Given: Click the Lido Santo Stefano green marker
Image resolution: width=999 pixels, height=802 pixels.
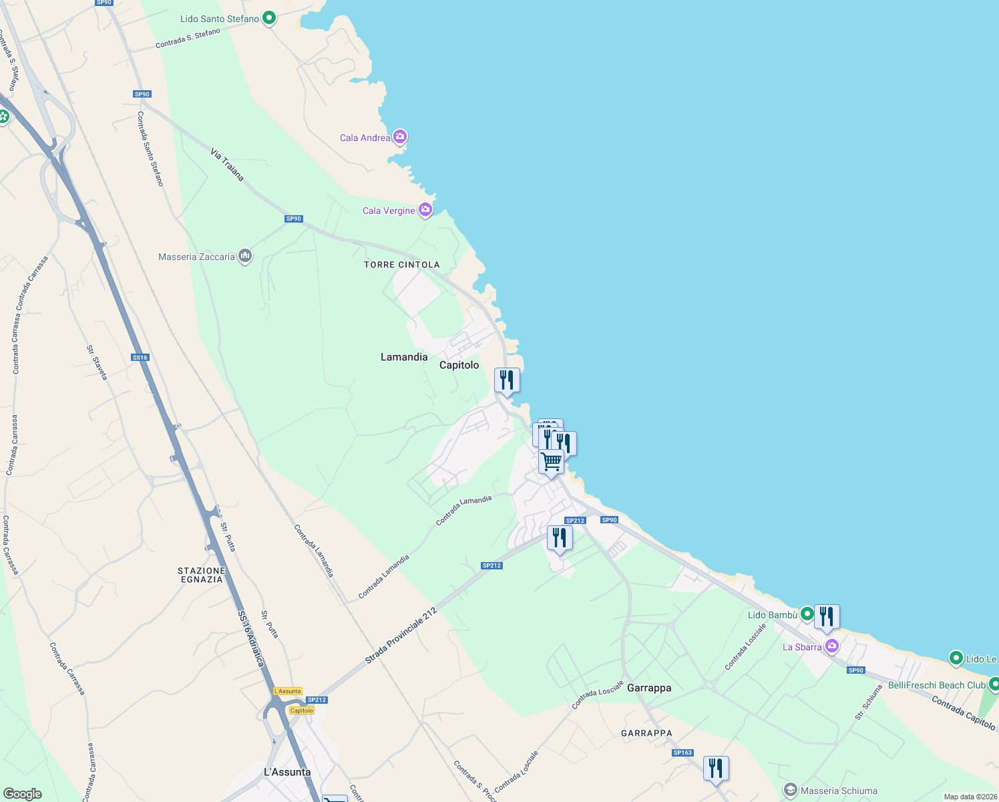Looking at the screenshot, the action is click(x=269, y=18).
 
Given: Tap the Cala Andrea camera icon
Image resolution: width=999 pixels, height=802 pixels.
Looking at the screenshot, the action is click(x=400, y=137).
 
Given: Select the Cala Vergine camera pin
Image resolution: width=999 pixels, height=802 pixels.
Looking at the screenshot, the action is click(x=425, y=210).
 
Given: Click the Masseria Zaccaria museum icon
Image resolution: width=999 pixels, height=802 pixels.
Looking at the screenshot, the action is click(x=245, y=256).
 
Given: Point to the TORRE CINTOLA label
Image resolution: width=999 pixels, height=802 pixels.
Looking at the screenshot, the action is click(x=401, y=265).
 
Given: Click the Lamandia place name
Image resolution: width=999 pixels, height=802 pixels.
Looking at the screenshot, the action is click(x=404, y=357).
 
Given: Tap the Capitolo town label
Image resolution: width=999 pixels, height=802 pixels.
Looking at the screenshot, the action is click(x=459, y=365).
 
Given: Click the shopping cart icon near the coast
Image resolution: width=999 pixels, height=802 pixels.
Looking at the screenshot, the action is click(x=551, y=461).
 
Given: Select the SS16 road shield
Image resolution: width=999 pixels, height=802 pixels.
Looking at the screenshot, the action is click(x=140, y=358).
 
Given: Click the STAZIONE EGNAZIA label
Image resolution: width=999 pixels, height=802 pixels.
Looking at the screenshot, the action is click(x=202, y=575).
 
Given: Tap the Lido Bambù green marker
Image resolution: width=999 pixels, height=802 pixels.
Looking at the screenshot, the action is click(x=807, y=614).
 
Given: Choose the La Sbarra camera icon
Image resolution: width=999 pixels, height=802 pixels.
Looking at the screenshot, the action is click(x=832, y=646).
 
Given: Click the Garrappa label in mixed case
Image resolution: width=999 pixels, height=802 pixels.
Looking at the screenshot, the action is click(x=649, y=688).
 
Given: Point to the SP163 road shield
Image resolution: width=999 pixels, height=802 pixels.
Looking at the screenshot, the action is click(x=682, y=753).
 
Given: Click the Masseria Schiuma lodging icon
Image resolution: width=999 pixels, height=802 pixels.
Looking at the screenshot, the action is click(x=791, y=790).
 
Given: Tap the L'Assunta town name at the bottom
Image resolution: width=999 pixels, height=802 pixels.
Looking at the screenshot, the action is click(x=287, y=772).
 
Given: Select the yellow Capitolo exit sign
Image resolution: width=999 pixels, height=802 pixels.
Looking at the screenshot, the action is click(x=301, y=710).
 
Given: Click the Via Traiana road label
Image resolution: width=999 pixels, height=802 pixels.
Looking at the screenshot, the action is click(x=227, y=164).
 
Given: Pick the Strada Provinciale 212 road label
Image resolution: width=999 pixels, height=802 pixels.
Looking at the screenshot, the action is click(x=401, y=636).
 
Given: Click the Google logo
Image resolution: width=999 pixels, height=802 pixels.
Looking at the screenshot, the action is click(x=23, y=793).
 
